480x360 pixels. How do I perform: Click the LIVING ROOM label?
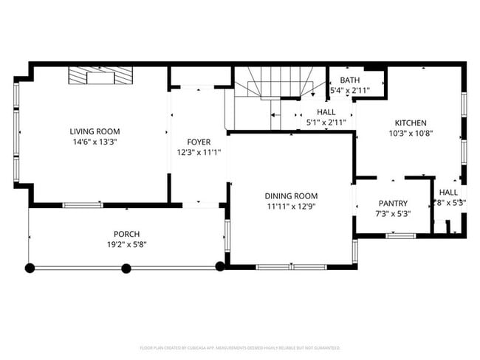[95, 131]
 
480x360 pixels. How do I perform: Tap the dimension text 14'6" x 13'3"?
[95, 142]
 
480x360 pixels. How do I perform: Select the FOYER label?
[199, 142]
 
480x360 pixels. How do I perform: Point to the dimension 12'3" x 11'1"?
[199, 152]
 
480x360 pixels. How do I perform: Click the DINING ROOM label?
[291, 196]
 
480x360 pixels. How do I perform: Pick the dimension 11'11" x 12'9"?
[291, 207]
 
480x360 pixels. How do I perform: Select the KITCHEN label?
[411, 123]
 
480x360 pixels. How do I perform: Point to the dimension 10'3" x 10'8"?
[411, 134]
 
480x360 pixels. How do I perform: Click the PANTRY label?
[393, 204]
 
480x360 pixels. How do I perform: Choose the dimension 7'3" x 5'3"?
[393, 214]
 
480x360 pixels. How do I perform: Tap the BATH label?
[350, 80]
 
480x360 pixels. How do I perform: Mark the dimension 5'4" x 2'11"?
[350, 90]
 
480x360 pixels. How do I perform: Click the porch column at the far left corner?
[30, 268]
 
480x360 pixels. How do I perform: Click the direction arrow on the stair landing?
[275, 116]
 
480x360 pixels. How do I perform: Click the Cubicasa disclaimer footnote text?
[239, 347]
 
